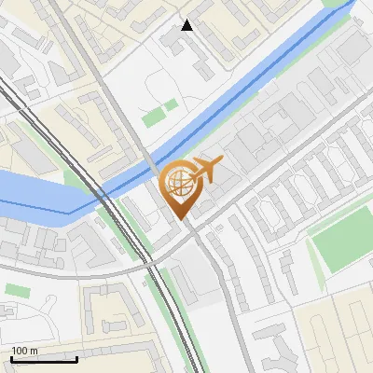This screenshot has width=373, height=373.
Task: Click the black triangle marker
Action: coord(187,25)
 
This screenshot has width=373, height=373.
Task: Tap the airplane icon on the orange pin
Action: coord(205,171)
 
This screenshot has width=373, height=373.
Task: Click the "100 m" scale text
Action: coord(24,351)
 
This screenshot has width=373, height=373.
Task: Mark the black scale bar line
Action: coord(44,358)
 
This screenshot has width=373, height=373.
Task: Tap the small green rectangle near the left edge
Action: coord(17,290)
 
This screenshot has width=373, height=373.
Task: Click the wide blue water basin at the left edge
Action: coord(33,192)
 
